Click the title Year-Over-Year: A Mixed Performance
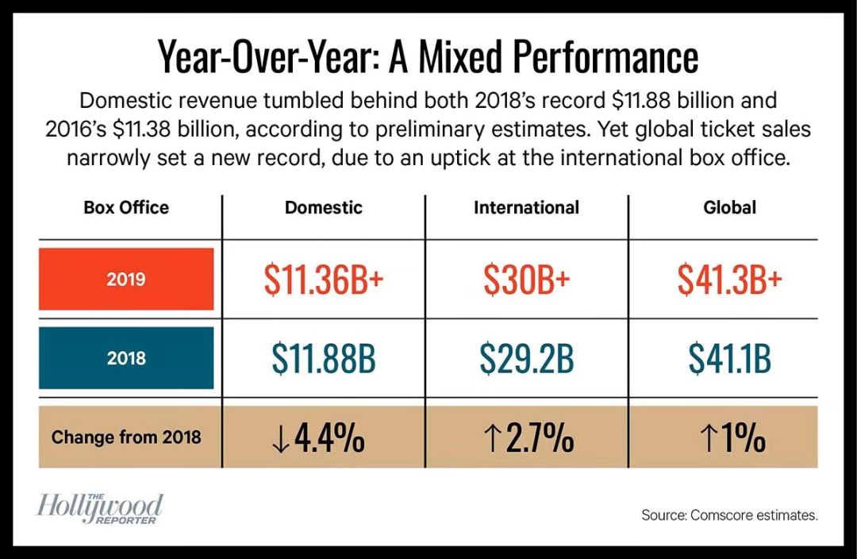pyautogui.click(x=428, y=58)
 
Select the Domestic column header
pyautogui.click(x=323, y=208)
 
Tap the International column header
pyautogui.click(x=526, y=208)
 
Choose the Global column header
pyautogui.click(x=729, y=208)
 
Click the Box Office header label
pyautogui.click(x=126, y=208)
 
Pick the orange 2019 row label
pyautogui.click(x=126, y=279)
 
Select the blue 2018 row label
pyautogui.click(x=126, y=357)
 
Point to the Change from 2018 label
pyautogui.click(x=126, y=437)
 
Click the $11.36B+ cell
pyautogui.click(x=323, y=279)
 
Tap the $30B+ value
pyautogui.click(x=526, y=279)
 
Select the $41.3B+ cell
pyautogui.click(x=729, y=279)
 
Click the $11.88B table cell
pyautogui.click(x=323, y=359)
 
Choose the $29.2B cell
pyautogui.click(x=526, y=359)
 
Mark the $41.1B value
pyautogui.click(x=729, y=359)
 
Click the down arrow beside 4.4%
pyautogui.click(x=280, y=438)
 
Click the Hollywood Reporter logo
pyautogui.click(x=99, y=508)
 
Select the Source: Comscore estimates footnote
pyautogui.click(x=729, y=516)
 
